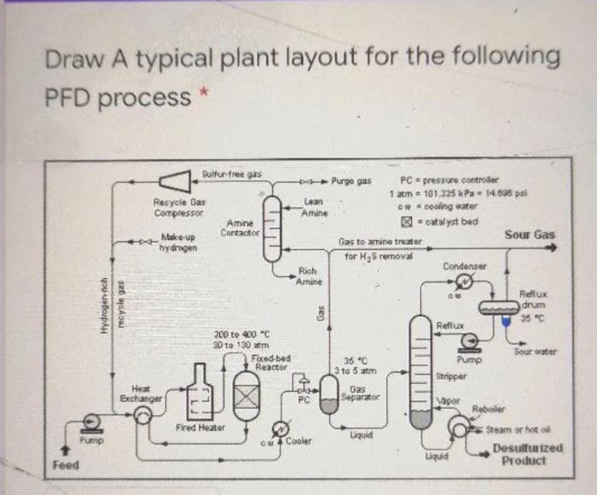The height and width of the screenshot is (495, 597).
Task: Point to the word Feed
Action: click(66, 466)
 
